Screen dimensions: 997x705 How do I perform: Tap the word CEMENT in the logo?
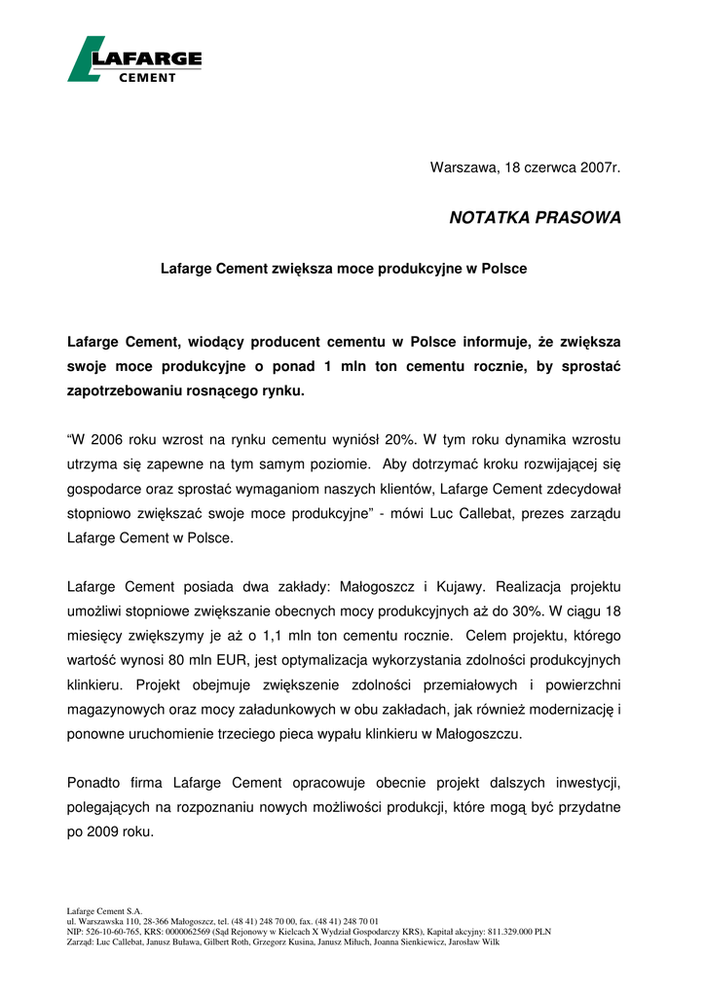tap(147, 78)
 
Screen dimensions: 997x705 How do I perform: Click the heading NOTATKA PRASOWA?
tap(535, 218)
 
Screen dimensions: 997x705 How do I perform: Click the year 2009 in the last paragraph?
tap(106, 831)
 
